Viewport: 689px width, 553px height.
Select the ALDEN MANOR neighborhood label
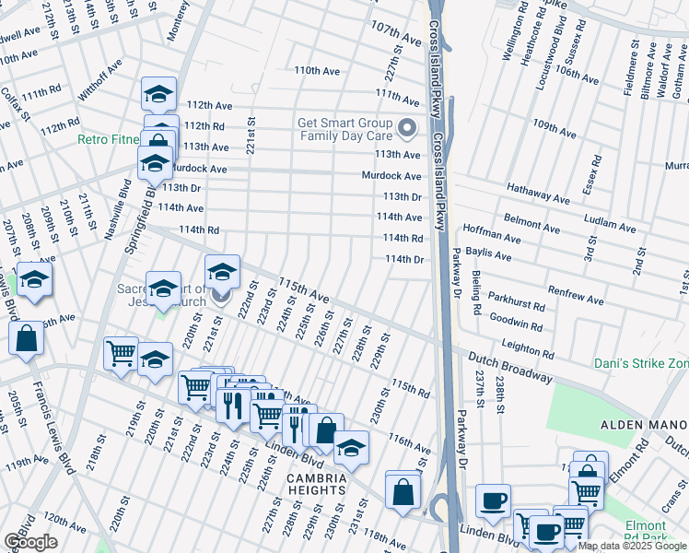point(638,424)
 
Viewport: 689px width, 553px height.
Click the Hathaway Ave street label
point(538,191)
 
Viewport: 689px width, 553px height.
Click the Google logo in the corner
point(30,542)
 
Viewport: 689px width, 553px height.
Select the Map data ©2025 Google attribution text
point(632,546)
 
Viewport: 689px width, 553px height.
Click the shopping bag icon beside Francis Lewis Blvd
point(27,340)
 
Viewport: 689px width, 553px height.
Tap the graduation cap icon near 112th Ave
point(158,95)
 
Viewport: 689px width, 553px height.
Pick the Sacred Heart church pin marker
point(220,296)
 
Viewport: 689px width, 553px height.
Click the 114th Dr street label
point(403,259)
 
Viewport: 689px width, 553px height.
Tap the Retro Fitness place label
point(109,140)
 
